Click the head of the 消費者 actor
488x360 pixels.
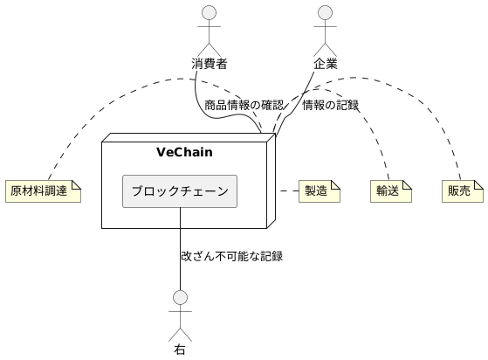tap(209, 12)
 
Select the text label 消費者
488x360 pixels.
tap(210, 63)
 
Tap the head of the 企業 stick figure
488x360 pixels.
tap(326, 12)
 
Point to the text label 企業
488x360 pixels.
tap(326, 63)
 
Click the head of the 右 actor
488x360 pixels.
tap(180, 297)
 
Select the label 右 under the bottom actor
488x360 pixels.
tap(180, 350)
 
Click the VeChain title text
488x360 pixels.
tap(184, 153)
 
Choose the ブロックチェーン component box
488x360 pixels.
tap(180, 190)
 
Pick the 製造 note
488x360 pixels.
tap(318, 191)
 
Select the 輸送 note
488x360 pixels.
tap(389, 191)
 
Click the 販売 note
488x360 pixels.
tap(461, 191)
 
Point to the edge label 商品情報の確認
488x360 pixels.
tap(244, 106)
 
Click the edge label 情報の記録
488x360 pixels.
tap(330, 106)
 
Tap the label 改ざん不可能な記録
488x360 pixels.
tap(231, 257)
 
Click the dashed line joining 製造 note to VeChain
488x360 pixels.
tap(287, 190)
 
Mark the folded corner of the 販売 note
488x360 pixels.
tap(478, 184)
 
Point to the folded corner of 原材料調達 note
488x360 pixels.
tap(76, 184)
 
